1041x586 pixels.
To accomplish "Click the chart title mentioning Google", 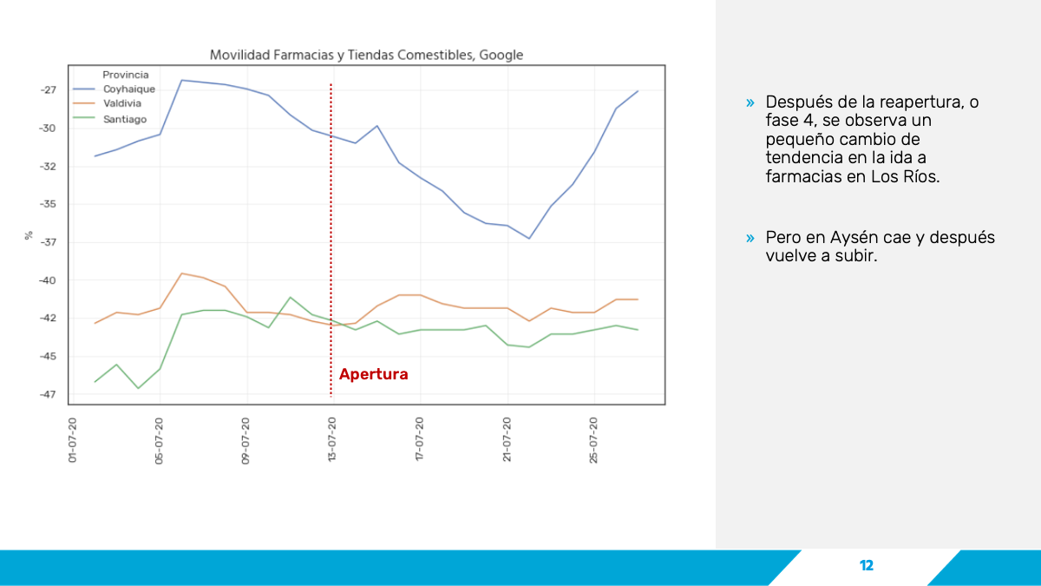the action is [366, 56].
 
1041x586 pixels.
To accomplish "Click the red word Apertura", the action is [374, 374].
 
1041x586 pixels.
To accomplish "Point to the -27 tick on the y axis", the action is [49, 89].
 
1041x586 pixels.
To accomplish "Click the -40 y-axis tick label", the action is [48, 280].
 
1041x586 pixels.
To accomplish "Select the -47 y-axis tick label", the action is [48, 395].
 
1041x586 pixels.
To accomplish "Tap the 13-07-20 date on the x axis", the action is [331, 439].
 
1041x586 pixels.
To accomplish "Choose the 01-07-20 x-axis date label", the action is [73, 440].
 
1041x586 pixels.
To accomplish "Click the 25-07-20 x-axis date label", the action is [593, 440].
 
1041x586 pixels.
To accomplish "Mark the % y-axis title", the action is [29, 235].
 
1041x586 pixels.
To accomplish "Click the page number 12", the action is [867, 565].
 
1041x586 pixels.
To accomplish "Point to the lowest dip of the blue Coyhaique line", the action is [529, 239].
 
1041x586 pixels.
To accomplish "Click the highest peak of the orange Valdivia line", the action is [181, 273].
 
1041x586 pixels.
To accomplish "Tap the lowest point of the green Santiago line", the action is [138, 388].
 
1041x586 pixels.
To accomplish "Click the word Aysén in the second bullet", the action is [854, 238].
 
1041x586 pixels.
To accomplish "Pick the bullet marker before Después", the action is [750, 102].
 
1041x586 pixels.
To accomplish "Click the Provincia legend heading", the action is [126, 75].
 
